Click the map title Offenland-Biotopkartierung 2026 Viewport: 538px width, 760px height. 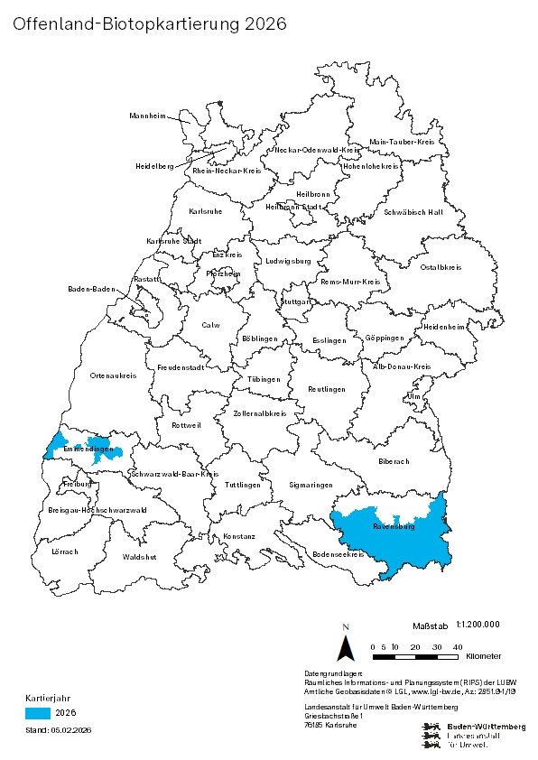[150, 24]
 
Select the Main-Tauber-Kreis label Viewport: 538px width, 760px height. [403, 143]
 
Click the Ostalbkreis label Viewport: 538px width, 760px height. [441, 267]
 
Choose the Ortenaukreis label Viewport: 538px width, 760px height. [113, 375]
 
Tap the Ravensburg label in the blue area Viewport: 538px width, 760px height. [393, 525]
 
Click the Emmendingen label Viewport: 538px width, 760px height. [88, 450]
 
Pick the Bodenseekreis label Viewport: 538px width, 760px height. [338, 554]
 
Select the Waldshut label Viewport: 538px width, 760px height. [139, 557]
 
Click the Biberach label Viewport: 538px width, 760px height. [394, 461]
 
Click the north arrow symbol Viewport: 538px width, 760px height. [345, 646]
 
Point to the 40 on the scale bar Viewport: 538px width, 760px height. [458, 646]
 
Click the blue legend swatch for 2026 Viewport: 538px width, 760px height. [38, 713]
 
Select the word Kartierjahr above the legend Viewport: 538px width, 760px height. [42, 698]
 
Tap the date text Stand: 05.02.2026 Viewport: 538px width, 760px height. [59, 729]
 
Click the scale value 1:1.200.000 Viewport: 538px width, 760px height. [478, 624]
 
